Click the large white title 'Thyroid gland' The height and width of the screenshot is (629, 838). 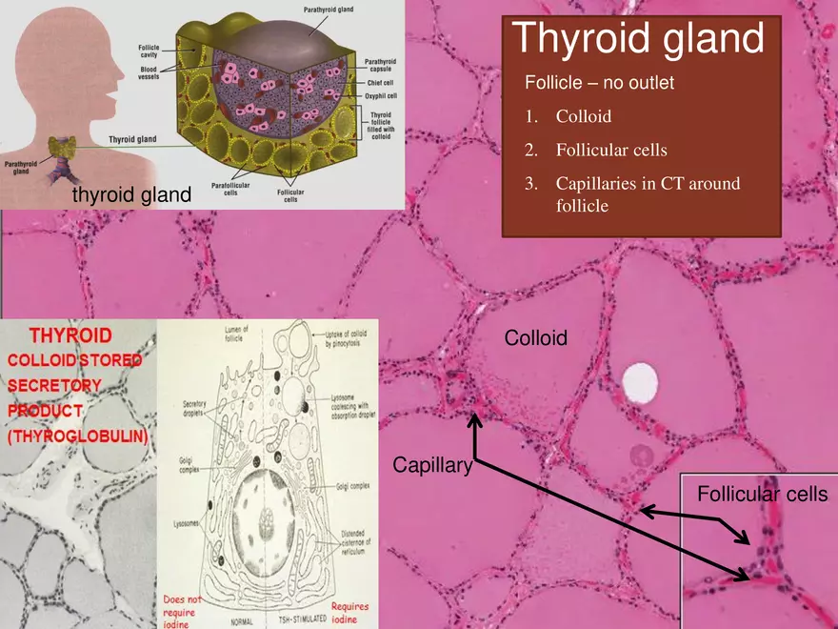click(x=637, y=39)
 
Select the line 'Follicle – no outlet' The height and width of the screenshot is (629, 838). click(x=599, y=83)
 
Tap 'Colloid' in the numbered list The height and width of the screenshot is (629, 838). click(x=583, y=117)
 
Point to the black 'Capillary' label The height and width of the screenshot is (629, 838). click(x=432, y=465)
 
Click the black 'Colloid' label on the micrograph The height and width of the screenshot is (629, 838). click(x=535, y=337)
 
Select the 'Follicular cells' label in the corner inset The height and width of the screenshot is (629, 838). click(x=762, y=494)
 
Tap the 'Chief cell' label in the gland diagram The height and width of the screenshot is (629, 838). click(x=380, y=83)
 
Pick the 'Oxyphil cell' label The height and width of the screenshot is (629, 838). click(x=380, y=95)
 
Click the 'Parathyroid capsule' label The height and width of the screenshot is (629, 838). click(x=381, y=65)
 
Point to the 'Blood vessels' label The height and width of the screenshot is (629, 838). click(x=150, y=72)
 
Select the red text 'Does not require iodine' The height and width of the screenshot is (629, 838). click(x=179, y=610)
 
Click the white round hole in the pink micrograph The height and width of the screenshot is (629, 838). click(x=639, y=382)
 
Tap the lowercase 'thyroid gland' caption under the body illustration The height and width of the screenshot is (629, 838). click(x=131, y=194)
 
